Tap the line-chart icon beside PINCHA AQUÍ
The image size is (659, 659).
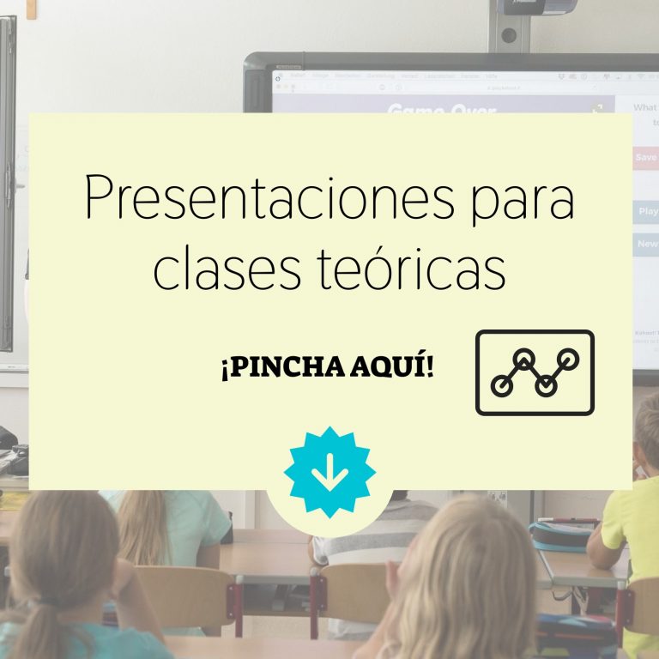535,372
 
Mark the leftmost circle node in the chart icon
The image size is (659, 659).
502,386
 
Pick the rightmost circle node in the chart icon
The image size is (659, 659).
568,359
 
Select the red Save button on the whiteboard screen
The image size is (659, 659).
646,158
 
